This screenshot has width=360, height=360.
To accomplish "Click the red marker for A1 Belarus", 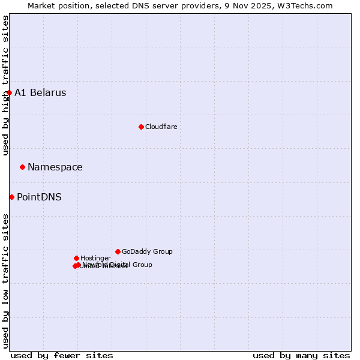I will pyautogui.click(x=9, y=92).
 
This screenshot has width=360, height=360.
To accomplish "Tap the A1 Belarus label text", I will pyautogui.click(x=40, y=92).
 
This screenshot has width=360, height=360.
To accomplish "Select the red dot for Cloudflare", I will pyautogui.click(x=141, y=127).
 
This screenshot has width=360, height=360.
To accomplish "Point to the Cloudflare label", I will pyautogui.click(x=161, y=127).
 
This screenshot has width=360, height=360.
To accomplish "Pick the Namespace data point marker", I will pyautogui.click(x=22, y=167).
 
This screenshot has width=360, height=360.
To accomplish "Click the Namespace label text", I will pyautogui.click(x=55, y=167).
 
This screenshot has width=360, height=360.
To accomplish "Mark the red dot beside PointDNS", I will pyautogui.click(x=11, y=197).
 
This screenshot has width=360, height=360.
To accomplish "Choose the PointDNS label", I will pyautogui.click(x=39, y=197).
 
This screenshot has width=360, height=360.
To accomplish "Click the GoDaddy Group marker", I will pyautogui.click(x=118, y=251).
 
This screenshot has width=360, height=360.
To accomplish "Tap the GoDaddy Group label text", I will pyautogui.click(x=147, y=251).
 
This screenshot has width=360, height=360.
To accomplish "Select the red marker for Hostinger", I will pyautogui.click(x=76, y=258).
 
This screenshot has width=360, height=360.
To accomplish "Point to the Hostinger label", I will pyautogui.click(x=95, y=258).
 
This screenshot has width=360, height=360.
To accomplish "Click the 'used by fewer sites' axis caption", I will pyautogui.click(x=62, y=355).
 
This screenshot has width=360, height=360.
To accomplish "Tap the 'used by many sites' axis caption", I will pyautogui.click(x=301, y=355).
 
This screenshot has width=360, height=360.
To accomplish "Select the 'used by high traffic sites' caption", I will pyautogui.click(x=5, y=85).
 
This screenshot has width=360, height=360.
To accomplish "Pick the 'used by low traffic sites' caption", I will pyautogui.click(x=5, y=280).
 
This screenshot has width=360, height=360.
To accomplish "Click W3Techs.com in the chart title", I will pyautogui.click(x=307, y=5).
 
